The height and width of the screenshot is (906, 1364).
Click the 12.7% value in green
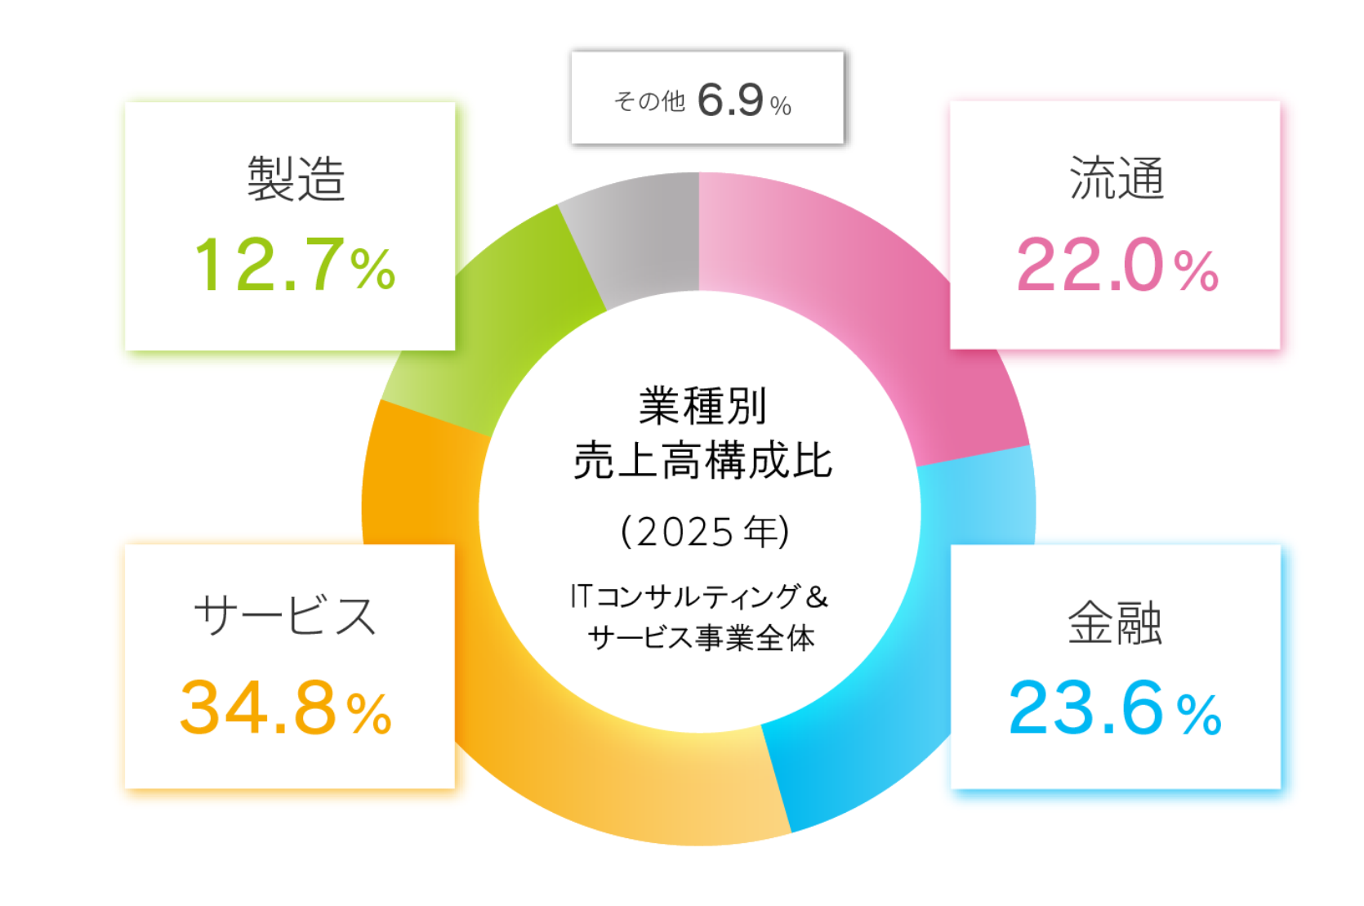tap(295, 265)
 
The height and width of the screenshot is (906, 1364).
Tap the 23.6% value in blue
tap(1115, 708)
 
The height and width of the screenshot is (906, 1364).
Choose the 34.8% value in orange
tap(286, 708)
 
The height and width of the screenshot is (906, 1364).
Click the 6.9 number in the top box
tap(731, 100)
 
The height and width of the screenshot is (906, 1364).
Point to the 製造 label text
tap(296, 178)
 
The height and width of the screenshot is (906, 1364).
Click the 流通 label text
tap(1116, 178)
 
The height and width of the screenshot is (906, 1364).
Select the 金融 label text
tap(1115, 623)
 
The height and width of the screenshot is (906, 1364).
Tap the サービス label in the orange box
tap(286, 615)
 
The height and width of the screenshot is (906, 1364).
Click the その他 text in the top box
tap(649, 101)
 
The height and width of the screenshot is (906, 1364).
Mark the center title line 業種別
tap(702, 406)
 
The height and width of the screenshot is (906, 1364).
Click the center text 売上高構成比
tap(702, 461)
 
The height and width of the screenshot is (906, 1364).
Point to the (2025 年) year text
tap(704, 532)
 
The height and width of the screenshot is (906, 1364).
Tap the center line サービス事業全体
tap(701, 637)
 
